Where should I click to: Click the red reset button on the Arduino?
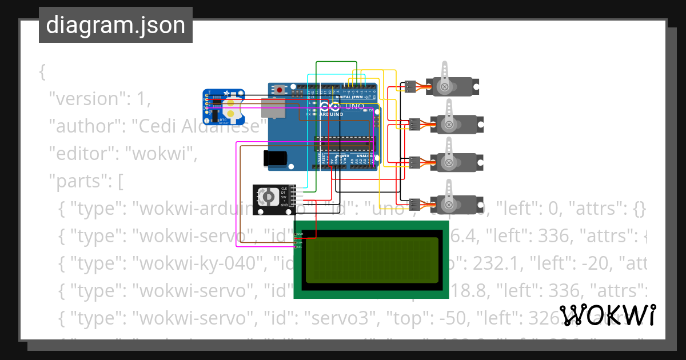point(280,90)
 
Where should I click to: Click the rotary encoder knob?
point(268,197)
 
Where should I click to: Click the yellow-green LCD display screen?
point(372,261)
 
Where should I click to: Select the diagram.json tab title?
point(115,26)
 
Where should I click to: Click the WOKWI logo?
point(607,315)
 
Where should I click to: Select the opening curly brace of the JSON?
point(42,73)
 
